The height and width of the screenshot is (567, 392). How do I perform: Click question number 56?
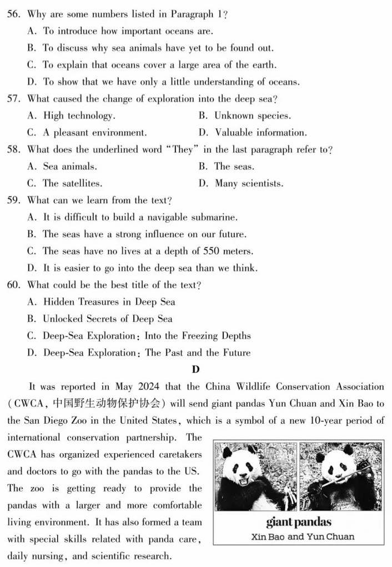tap(13, 14)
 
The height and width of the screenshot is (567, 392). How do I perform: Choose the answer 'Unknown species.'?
tap(252, 116)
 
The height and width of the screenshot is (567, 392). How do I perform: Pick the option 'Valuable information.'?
tap(260, 133)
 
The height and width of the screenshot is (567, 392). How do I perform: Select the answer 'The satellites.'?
tap(72, 183)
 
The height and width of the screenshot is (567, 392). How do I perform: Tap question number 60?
tap(13, 285)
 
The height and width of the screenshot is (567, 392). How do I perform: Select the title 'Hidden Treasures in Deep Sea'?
tap(109, 302)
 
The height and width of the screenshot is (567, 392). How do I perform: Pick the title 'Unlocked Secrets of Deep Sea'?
tap(107, 319)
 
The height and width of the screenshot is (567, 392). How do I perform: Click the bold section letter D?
tap(195, 369)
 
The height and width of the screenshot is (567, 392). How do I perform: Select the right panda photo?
tap(340, 476)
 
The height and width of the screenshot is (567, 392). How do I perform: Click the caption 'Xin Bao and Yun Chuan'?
tap(303, 536)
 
